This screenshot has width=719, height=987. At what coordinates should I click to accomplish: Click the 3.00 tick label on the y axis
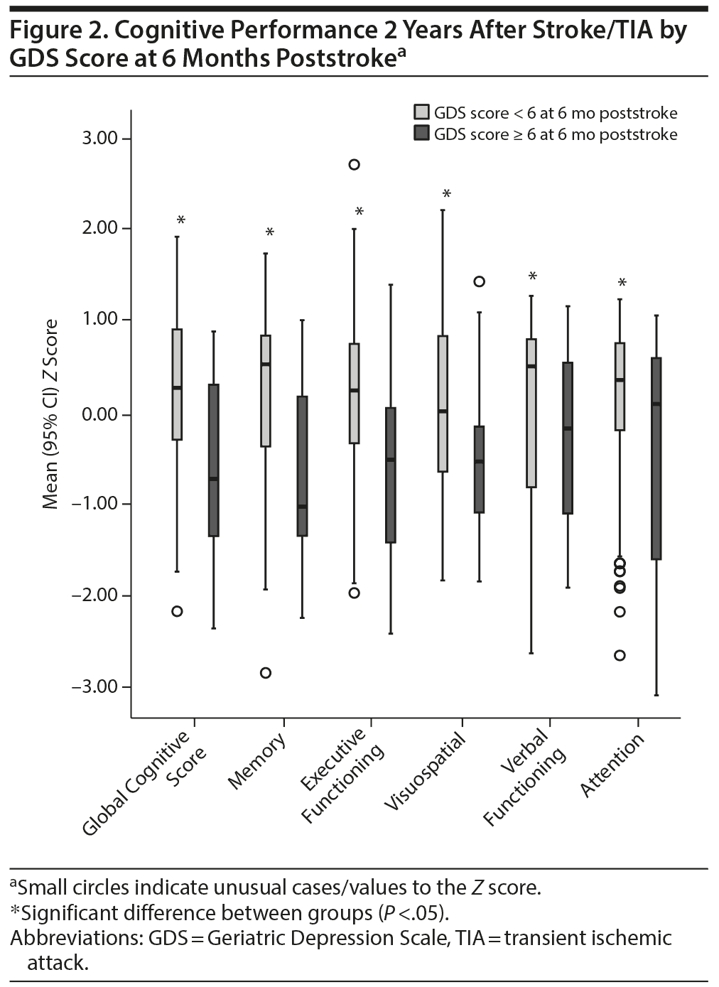(99, 138)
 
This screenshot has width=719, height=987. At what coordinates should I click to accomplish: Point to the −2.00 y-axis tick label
(95, 595)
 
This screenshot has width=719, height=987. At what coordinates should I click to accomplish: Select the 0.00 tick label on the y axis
(99, 414)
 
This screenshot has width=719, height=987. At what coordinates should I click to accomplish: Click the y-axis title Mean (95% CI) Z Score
(50, 414)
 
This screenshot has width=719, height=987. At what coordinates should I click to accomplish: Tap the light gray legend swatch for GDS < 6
(422, 113)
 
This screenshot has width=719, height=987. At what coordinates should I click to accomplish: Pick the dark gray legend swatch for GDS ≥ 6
(422, 134)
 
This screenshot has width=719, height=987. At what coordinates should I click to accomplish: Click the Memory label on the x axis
(257, 761)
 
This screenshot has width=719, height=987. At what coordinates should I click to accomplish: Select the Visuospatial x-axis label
(425, 771)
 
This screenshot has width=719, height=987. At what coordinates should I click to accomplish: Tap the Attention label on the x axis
(612, 765)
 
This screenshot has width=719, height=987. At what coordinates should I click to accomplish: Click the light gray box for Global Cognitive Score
(177, 384)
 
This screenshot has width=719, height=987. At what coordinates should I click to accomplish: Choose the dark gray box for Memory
(302, 466)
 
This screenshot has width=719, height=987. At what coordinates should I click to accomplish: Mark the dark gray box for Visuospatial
(480, 469)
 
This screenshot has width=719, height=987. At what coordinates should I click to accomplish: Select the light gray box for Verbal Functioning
(531, 413)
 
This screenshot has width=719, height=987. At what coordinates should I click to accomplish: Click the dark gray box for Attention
(656, 458)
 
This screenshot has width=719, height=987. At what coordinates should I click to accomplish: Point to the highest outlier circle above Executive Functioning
(354, 165)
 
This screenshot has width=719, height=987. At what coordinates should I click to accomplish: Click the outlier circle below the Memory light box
(266, 673)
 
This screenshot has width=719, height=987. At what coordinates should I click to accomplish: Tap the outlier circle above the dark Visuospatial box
(480, 281)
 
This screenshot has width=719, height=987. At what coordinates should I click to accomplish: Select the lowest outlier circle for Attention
(620, 655)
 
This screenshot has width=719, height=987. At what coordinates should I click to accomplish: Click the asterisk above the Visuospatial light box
(447, 194)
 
